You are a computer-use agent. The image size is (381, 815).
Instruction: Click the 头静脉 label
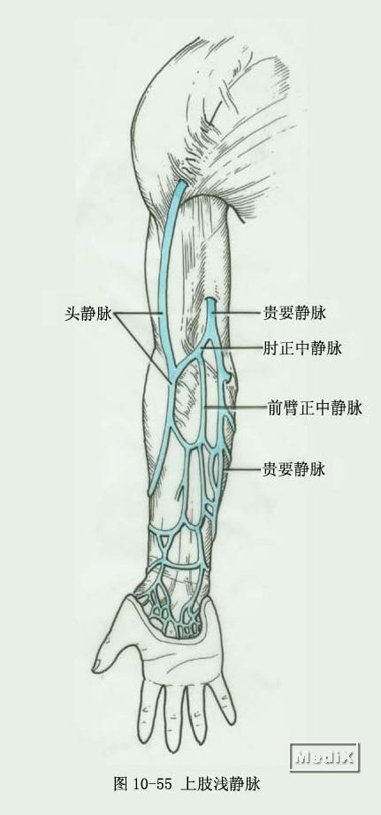coord(88,314)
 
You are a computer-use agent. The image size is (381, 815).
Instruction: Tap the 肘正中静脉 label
coord(302,348)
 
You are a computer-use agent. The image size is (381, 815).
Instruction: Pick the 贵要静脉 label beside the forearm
coord(294,469)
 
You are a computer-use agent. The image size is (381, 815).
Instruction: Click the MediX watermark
coord(324,758)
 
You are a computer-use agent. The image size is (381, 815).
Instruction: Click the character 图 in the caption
coord(121,784)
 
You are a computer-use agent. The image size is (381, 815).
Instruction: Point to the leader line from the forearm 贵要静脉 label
coord(243,469)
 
